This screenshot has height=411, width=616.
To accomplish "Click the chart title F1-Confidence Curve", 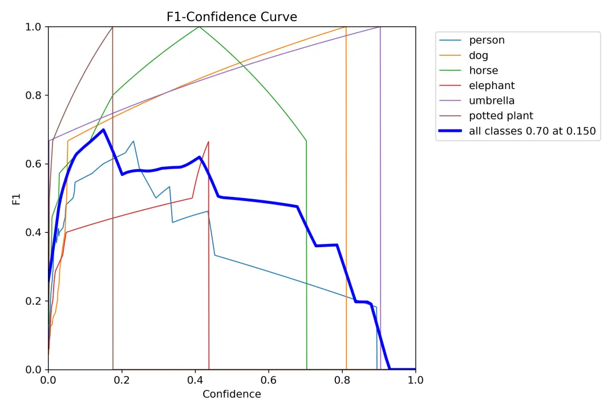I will pyautogui.click(x=232, y=17).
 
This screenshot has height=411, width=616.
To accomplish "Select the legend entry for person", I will pyautogui.click(x=487, y=40).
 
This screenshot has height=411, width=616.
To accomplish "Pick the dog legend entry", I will pyautogui.click(x=479, y=55).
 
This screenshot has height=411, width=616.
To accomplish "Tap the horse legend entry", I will pyautogui.click(x=483, y=71).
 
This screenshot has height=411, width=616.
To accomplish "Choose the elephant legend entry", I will pyautogui.click(x=492, y=86).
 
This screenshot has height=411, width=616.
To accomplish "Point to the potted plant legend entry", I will pyautogui.click(x=501, y=116).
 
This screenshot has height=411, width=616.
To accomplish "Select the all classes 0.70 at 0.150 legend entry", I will pyautogui.click(x=532, y=131).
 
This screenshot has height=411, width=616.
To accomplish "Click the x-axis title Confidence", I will pyautogui.click(x=232, y=394).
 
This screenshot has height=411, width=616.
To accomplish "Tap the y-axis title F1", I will pyautogui.click(x=17, y=198).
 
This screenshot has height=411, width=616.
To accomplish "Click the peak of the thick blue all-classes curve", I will pyautogui.click(x=103, y=130).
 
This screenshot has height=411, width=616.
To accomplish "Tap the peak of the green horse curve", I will pyautogui.click(x=199, y=27).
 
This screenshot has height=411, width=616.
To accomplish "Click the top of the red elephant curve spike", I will pyautogui.click(x=209, y=142).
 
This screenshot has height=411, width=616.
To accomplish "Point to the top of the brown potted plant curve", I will pyautogui.click(x=112, y=27).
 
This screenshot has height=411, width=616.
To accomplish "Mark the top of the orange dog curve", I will pyautogui.click(x=346, y=27).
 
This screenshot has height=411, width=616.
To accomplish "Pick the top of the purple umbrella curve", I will pyautogui.click(x=380, y=27).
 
